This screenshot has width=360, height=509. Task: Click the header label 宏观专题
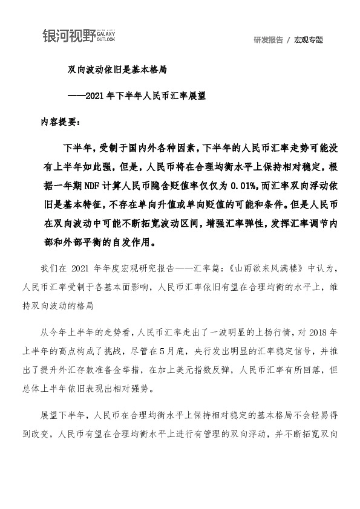[309, 40]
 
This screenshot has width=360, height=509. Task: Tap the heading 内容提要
[59, 121]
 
